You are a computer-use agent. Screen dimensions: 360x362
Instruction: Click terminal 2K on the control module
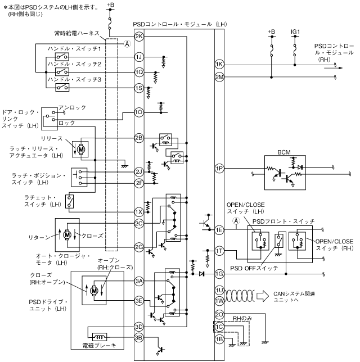pos(139,37)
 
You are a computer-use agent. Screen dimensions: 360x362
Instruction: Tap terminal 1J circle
pos(139,57)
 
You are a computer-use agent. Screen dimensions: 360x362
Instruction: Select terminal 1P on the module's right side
pos(219,169)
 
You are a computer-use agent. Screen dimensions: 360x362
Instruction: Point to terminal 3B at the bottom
pos(139,337)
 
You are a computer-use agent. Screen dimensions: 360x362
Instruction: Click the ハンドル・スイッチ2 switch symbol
pos(62,72)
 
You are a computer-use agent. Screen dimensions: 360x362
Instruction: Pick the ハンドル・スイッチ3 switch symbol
pos(62,88)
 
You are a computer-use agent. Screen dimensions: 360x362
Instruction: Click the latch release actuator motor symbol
pos(81,150)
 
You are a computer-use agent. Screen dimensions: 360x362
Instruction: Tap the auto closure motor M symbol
pos(67,235)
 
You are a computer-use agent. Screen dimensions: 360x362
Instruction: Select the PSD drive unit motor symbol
pos(94,291)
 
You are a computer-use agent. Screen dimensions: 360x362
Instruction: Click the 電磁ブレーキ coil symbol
pos(100,337)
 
